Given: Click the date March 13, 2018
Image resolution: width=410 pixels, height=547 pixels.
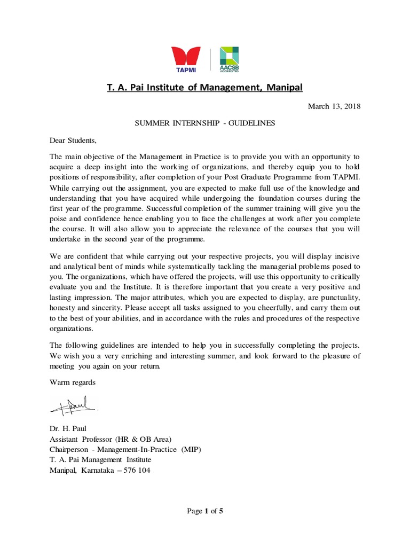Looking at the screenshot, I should (x=334, y=106).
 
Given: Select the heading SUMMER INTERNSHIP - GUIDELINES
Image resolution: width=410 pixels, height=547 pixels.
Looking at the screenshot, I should (x=204, y=123).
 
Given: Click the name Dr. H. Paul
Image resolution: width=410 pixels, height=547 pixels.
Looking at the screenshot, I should (x=69, y=428).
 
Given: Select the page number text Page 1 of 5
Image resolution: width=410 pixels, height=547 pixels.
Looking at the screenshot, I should (x=204, y=511).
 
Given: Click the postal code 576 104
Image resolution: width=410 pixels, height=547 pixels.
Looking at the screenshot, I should (x=137, y=470).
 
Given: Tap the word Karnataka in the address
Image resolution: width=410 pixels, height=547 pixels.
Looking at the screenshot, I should (x=100, y=470).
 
